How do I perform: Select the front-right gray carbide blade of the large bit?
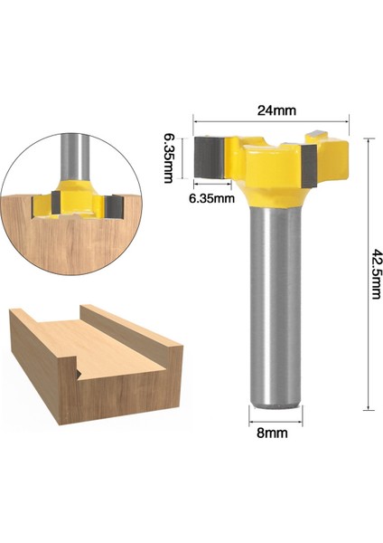coord(310,170)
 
